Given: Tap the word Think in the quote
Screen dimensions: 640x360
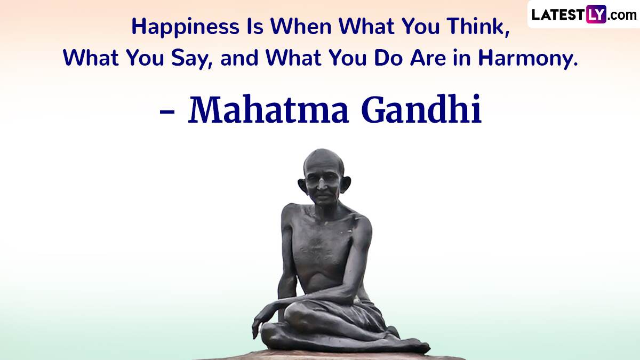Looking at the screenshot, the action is click(479, 26).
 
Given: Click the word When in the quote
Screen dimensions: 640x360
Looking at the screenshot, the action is click(301, 26).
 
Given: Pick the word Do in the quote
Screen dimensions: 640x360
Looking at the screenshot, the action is click(388, 58).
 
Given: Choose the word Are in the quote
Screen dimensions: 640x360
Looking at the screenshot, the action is click(428, 58).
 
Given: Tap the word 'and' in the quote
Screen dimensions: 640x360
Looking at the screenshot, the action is click(239, 58).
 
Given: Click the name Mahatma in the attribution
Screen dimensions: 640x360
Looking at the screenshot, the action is click(268, 110).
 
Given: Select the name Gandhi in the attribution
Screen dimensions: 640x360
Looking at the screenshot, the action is click(422, 109).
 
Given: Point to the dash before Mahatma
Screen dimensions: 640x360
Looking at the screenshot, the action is click(167, 113).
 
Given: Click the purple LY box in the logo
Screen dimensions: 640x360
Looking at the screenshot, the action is click(596, 14).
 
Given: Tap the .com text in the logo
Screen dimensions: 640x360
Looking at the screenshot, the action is click(622, 15).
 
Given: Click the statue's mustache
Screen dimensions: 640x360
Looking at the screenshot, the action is click(323, 194).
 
